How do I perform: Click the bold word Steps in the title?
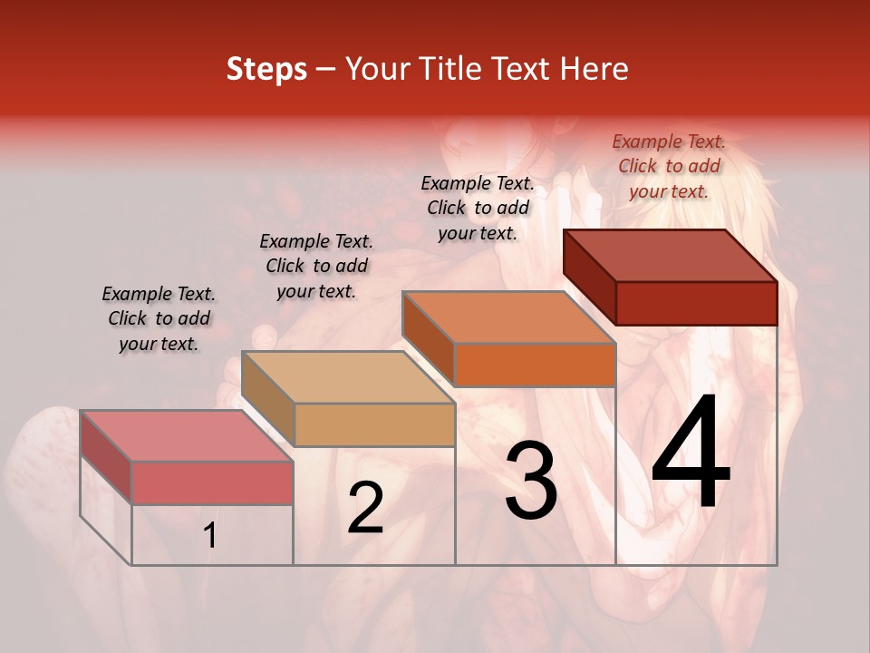266,69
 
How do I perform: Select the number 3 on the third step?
531,480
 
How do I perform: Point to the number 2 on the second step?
365,508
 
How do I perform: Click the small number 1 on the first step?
210,536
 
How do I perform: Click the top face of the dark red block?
671,255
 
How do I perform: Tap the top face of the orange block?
509,317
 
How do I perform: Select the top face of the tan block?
348,376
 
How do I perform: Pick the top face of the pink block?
187,435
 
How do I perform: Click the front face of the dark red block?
696,303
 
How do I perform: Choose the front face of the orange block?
535,365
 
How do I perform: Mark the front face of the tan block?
374,424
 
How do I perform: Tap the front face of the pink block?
212,482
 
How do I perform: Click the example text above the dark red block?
669,166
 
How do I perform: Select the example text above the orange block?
478,208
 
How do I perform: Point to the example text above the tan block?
316,266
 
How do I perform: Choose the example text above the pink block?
159,318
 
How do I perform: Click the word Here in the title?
598,69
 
